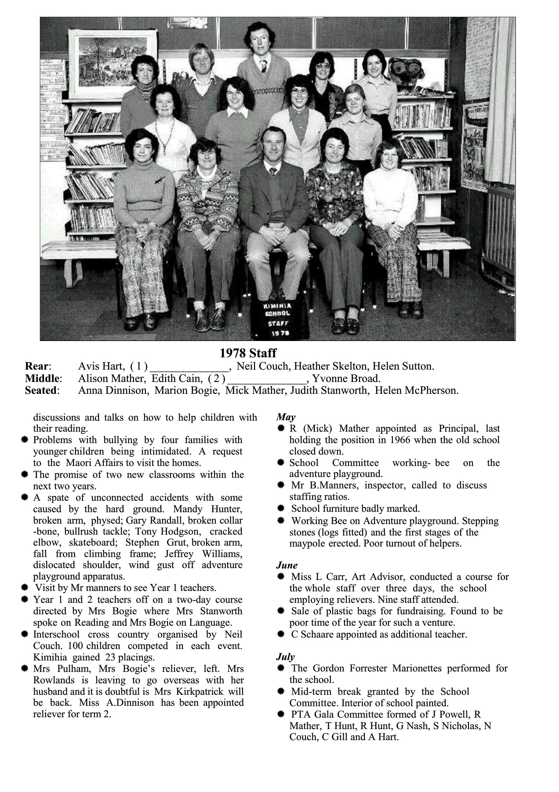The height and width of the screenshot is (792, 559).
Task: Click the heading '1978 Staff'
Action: (x=248, y=353)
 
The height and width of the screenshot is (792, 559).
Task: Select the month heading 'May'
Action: (x=286, y=417)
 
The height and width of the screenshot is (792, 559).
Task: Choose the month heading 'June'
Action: (x=287, y=565)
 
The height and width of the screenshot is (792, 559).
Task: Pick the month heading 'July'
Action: (x=285, y=656)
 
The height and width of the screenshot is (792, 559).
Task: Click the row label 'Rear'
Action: (x=38, y=366)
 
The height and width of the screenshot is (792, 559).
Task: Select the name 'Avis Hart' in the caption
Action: (x=101, y=366)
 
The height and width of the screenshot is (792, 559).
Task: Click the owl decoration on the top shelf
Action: (x=404, y=73)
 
